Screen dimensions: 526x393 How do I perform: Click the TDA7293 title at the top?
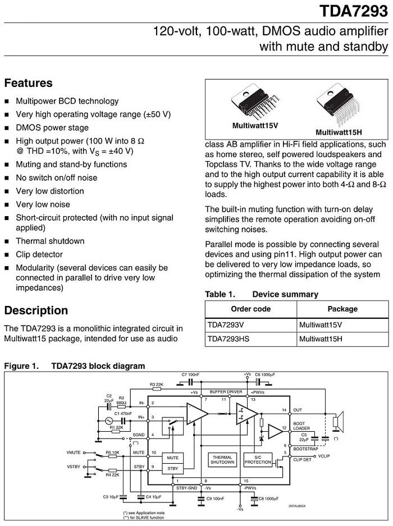354,11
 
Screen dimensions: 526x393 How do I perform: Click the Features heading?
28,83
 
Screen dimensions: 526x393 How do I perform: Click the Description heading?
36,310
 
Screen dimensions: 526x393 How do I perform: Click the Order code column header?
250,309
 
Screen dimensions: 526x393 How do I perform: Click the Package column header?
342,309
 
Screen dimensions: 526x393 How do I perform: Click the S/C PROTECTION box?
258,459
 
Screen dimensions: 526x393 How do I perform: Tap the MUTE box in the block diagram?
172,458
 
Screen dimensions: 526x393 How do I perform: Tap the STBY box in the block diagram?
172,468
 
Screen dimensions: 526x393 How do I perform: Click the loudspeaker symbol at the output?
337,422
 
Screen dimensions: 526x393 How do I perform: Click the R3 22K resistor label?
156,385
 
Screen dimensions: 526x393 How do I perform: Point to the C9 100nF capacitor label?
216,497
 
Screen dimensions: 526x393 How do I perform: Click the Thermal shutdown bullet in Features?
50,241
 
